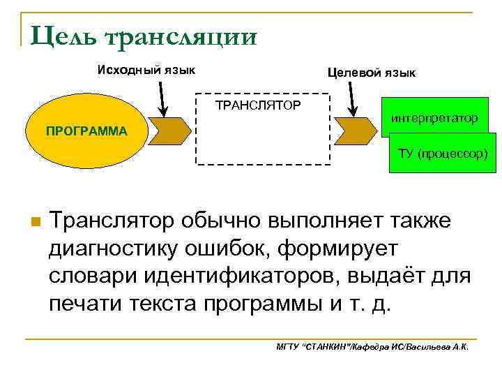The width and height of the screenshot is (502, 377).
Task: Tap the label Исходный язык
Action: coord(146,71)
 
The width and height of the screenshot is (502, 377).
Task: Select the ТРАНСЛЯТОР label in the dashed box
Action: coord(257,106)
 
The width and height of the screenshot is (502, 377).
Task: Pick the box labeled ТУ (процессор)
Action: coord(443,154)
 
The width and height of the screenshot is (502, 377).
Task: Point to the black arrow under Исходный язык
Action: coord(163,97)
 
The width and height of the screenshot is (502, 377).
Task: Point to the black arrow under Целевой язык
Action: coord(351,98)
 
